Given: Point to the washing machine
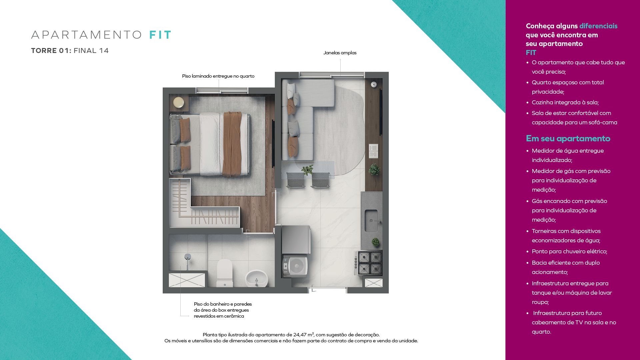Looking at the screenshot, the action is tap(295, 266).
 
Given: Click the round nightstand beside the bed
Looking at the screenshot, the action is tap(178, 102).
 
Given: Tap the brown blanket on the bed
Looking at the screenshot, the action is tap(232, 144).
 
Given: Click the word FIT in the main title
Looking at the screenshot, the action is tap(160, 35).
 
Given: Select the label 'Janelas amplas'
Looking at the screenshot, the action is tap(340, 53).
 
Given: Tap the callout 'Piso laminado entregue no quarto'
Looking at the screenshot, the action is tap(218, 76).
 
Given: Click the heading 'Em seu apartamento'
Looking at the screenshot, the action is tap(568, 138).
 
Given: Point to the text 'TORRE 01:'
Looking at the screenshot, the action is tap(51, 51).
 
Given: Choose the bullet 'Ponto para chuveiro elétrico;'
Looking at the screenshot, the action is tap(569, 251).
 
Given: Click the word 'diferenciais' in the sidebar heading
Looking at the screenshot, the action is tap(598, 26).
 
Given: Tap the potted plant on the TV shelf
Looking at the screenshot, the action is tap(374, 169).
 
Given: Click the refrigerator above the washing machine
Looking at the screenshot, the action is tap(296, 239).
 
